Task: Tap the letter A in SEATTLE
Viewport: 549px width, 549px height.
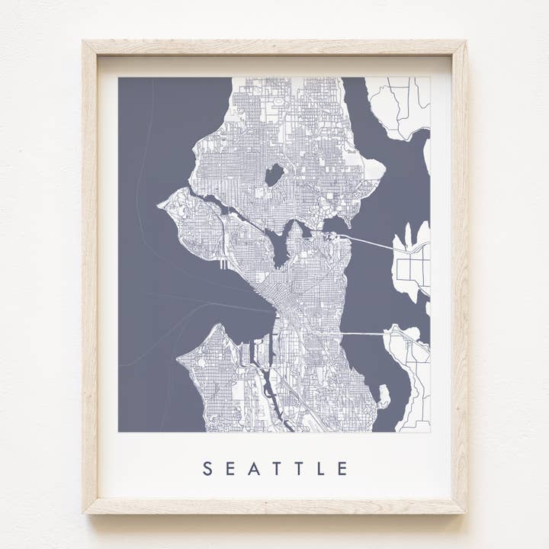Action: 254,469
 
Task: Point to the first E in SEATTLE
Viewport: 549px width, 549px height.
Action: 230,469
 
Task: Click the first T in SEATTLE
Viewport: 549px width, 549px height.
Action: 277,469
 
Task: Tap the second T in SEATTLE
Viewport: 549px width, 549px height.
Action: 299,469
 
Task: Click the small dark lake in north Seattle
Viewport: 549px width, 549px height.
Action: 274,175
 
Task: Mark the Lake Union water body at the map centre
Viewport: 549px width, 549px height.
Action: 280,248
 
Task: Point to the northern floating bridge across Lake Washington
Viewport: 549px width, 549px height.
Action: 374,243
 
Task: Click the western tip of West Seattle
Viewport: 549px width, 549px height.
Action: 180,356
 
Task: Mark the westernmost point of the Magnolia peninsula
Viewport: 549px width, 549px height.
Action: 161,204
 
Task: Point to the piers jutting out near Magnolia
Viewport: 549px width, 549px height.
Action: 223,264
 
